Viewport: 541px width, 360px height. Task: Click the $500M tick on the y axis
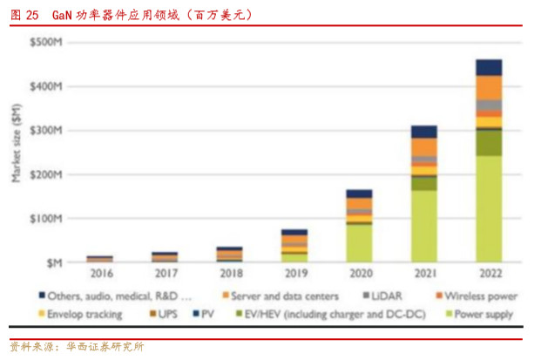pos(45,42)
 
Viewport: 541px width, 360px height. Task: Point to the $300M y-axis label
pos(45,130)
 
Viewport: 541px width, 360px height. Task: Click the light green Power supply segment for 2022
pos(489,209)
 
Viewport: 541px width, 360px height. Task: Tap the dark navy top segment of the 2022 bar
pos(489,67)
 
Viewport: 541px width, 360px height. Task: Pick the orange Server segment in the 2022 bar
pos(489,87)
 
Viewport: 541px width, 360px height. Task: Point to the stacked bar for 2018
pos(229,254)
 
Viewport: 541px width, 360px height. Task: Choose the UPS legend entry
pos(166,314)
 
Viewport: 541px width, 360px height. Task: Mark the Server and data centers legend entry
pos(288,295)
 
